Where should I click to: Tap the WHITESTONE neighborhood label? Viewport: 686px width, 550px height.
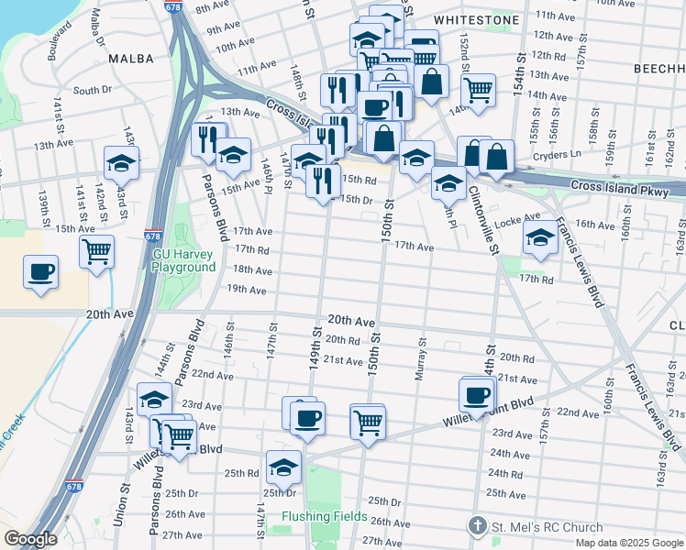pos(476,19)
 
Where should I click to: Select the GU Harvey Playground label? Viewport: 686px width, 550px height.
pos(183,260)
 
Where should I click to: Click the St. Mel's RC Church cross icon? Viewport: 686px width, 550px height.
pos(477,526)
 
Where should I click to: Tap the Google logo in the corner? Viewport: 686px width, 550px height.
pos(29,539)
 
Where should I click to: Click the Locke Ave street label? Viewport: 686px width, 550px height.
pos(518,221)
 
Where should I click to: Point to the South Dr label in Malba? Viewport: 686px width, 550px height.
pos(92,90)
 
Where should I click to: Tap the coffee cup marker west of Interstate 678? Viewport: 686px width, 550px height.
pos(41,272)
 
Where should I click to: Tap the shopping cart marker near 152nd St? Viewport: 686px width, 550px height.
pos(478,90)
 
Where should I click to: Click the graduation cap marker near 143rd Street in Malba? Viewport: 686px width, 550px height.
pos(121,162)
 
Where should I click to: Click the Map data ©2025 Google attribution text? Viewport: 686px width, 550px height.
pos(629,543)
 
